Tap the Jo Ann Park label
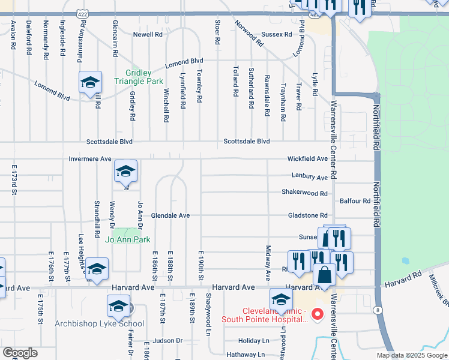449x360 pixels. coord(127,240)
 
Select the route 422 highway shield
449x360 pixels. coord(82,13)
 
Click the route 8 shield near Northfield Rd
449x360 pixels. coord(376,310)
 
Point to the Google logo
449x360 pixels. coord(20,352)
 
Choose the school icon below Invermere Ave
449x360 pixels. coord(125,172)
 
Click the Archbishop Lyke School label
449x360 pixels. coord(99,324)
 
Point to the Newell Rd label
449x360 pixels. coord(148,35)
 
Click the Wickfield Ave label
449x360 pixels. coord(307,159)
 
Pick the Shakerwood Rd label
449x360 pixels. coord(305,193)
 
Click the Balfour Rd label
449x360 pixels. coord(355,202)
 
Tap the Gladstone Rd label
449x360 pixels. coord(307,215)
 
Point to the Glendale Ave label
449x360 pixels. coord(170,215)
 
